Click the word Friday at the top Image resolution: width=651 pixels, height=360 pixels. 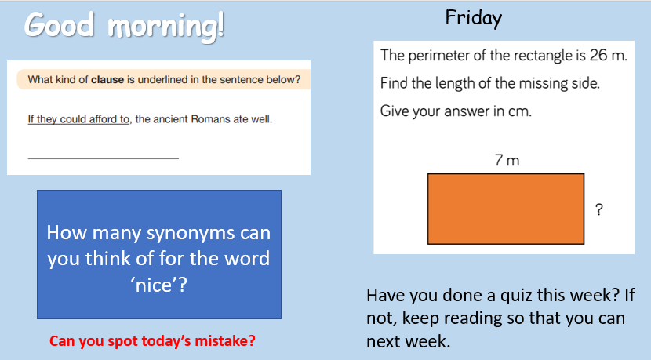tap(473, 19)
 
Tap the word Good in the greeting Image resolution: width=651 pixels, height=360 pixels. tap(60, 24)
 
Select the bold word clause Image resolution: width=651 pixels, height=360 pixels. tap(107, 80)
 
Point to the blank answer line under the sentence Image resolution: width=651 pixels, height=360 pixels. tap(104, 158)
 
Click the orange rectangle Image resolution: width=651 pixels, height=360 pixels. tap(506, 209)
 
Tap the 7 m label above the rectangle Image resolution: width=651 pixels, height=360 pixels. tap(507, 160)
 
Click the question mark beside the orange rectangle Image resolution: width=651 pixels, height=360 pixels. tap(598, 209)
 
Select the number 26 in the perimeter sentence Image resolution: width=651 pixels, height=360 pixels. tap(598, 55)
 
